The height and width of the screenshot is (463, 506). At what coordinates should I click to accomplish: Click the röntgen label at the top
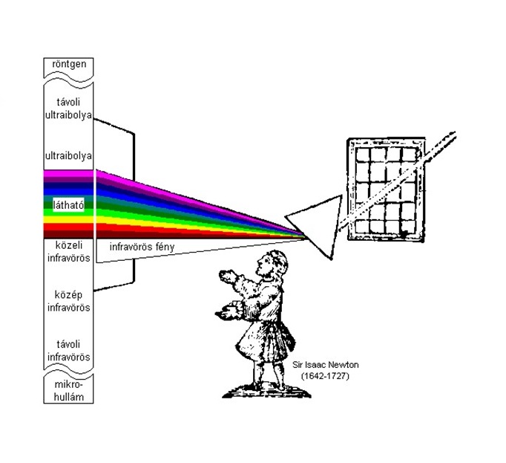tap(69, 64)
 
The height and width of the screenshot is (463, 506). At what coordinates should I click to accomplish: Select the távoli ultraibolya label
tap(68, 109)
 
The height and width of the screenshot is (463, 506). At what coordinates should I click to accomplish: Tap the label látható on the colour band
tap(68, 205)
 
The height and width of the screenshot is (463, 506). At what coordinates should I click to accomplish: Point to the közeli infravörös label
tap(68, 251)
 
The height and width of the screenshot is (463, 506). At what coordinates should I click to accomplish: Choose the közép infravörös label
tap(68, 301)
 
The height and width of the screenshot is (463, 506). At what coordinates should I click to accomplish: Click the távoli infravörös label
tap(68, 351)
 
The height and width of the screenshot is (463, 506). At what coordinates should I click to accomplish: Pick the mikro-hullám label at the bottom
tap(68, 391)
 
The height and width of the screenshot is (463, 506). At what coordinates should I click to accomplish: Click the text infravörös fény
tap(142, 247)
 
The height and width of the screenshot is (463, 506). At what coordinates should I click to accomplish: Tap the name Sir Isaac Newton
tap(325, 365)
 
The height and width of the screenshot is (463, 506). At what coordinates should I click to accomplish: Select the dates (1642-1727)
tap(325, 376)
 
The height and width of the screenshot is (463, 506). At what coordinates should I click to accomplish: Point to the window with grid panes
tap(386, 190)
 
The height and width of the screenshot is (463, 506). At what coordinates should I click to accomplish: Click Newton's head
tap(272, 263)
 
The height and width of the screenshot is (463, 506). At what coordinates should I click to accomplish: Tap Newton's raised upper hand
tap(229, 276)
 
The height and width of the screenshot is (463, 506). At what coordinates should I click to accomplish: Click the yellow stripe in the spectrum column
tap(68, 219)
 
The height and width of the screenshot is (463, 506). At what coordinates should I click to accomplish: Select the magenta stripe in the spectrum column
tap(68, 174)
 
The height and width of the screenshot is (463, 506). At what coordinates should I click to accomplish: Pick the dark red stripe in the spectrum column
tap(68, 234)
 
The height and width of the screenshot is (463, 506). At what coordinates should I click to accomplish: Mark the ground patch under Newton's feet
tap(266, 391)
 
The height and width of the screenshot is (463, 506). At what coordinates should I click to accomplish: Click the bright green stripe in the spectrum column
tap(68, 213)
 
